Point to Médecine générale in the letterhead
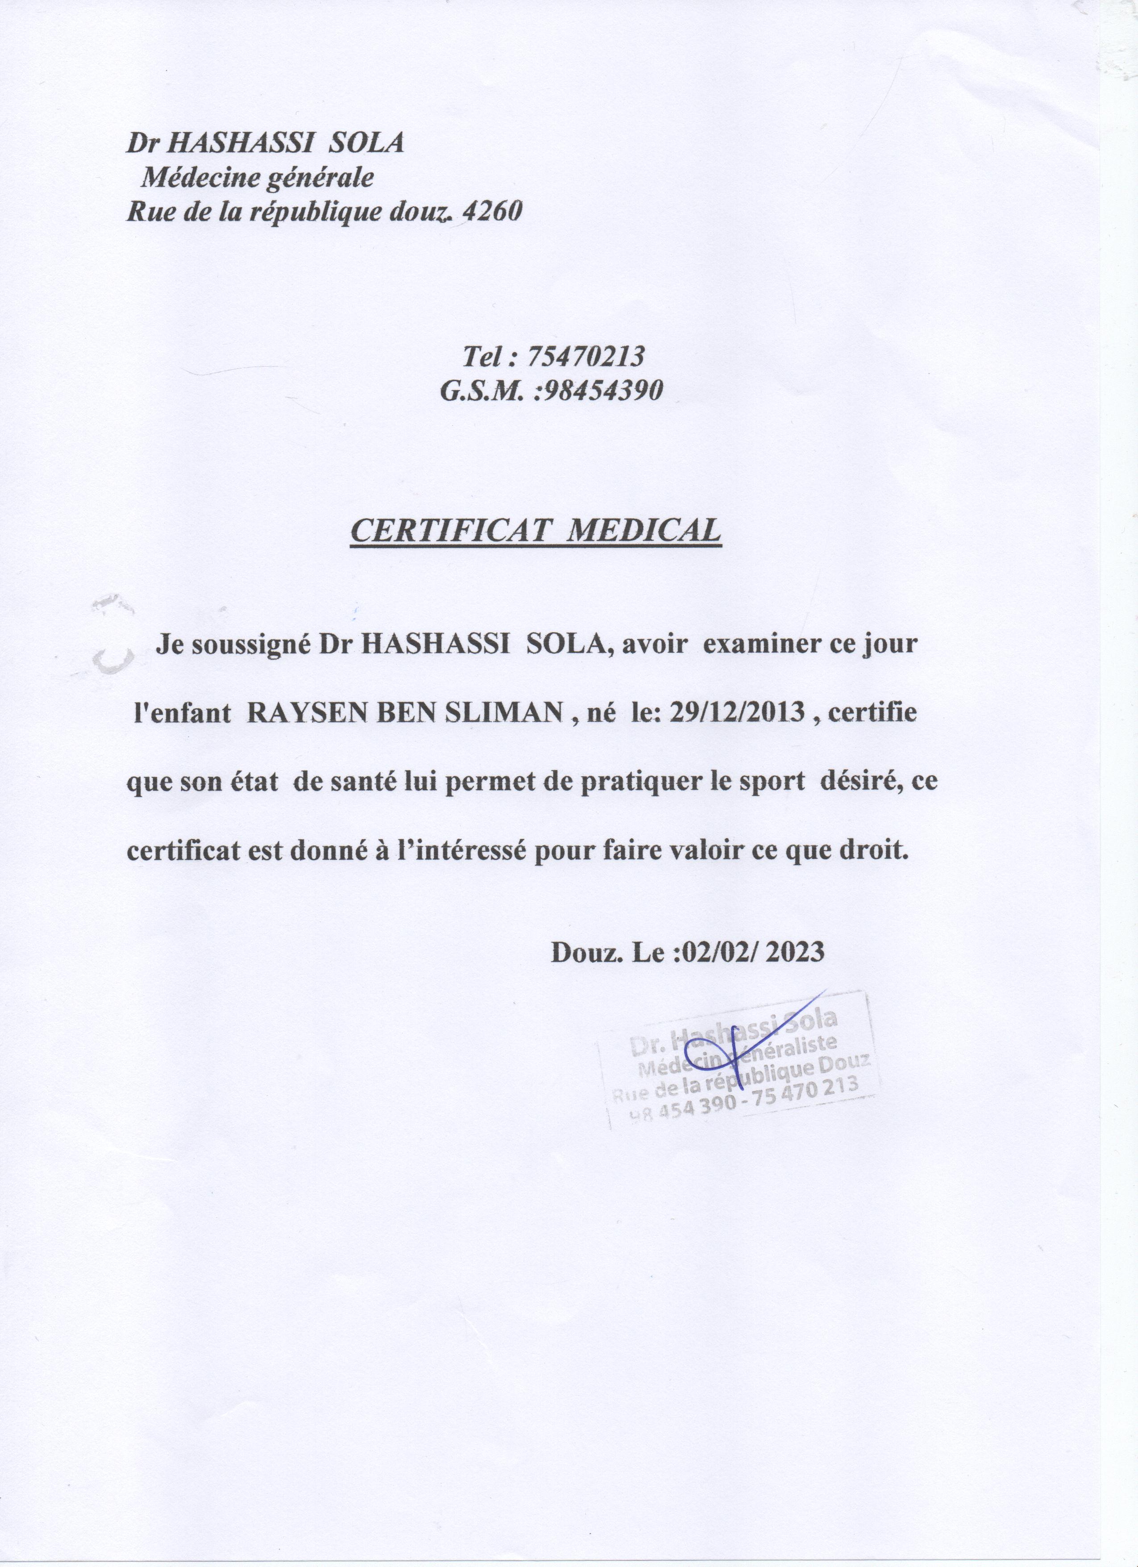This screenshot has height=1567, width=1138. pyautogui.click(x=257, y=178)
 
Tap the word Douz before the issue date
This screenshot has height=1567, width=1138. pyautogui.click(x=578, y=952)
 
